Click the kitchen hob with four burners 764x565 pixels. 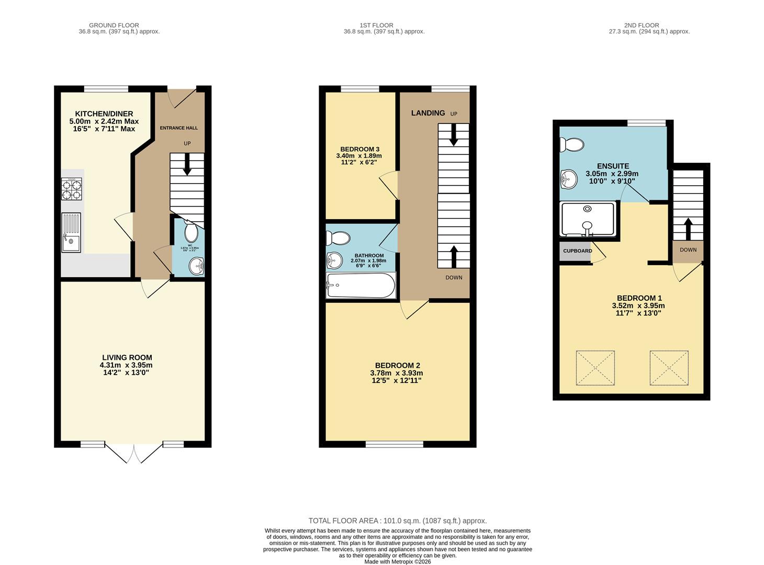(72, 189)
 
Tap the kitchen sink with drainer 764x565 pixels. (71, 232)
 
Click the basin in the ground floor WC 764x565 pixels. (197, 267)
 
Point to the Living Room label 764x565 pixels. (127, 358)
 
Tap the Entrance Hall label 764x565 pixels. (178, 128)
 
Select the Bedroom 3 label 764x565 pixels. (359, 149)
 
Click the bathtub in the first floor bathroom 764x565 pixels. (360, 285)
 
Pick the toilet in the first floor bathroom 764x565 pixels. (338, 239)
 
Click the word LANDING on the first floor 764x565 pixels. (428, 113)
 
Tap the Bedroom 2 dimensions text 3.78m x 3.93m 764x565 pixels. (396, 373)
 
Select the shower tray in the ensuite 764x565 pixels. (587, 219)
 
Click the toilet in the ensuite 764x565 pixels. (571, 144)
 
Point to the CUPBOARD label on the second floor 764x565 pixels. (577, 251)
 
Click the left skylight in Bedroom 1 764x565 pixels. (595, 368)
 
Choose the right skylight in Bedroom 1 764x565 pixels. (669, 368)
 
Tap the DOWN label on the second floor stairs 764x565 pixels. (688, 250)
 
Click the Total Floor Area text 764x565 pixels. (397, 521)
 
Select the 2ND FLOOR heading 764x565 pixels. (641, 25)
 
